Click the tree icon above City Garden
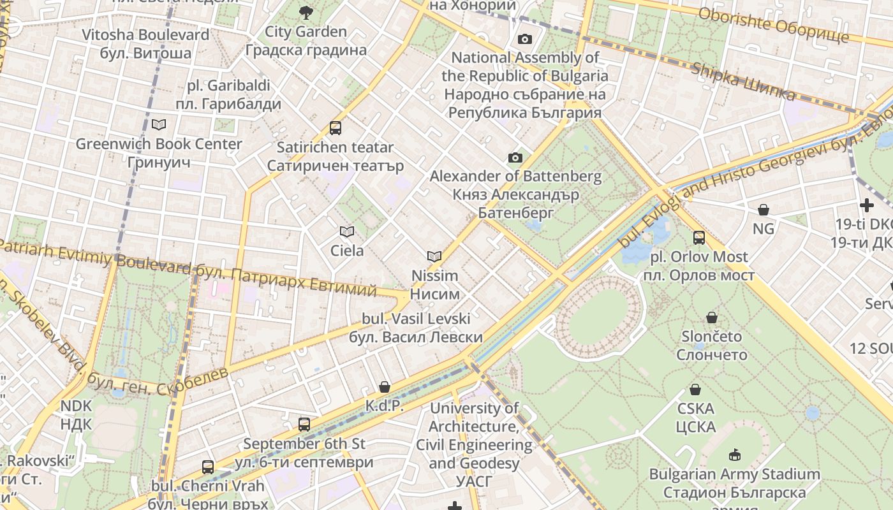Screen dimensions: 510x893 coord(306,11)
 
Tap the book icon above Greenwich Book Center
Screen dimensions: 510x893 coord(159,124)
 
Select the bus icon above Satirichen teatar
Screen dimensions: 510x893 coord(336,128)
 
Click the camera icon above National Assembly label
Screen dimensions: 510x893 coord(525,39)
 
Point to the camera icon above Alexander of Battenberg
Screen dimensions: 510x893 coord(515,157)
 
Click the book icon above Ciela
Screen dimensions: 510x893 coord(346,231)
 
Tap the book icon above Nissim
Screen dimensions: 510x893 coord(434,256)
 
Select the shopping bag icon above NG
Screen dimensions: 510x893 coord(763,210)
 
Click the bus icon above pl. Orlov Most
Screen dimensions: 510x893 coord(699,238)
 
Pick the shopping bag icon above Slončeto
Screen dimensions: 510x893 coord(712,317)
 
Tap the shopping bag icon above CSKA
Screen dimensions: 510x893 coord(695,390)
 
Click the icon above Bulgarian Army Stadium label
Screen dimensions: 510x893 coord(734,455)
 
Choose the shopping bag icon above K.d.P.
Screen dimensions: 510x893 coord(384,387)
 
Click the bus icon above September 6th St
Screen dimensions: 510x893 coord(304,424)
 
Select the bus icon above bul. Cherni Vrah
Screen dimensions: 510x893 coord(208,467)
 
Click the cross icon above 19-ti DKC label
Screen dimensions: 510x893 coord(866,205)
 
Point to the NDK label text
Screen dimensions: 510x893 coord(77,414)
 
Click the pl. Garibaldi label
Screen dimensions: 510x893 coord(228,94)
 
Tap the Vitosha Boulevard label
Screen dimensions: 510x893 coord(145,43)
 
